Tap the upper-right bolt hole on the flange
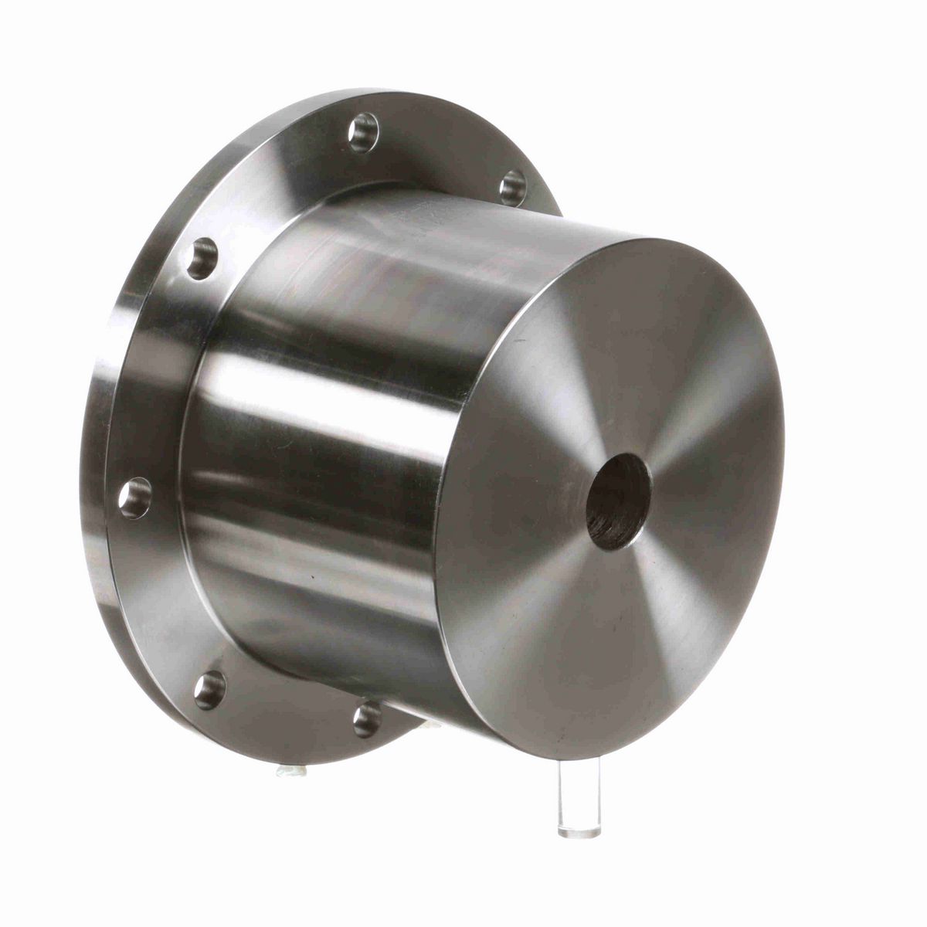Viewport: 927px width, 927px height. [x=511, y=187]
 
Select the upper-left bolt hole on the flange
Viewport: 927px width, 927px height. [x=202, y=259]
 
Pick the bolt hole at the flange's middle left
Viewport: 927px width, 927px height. [x=135, y=497]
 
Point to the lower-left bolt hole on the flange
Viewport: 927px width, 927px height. [x=209, y=689]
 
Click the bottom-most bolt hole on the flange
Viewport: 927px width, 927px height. [x=368, y=719]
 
